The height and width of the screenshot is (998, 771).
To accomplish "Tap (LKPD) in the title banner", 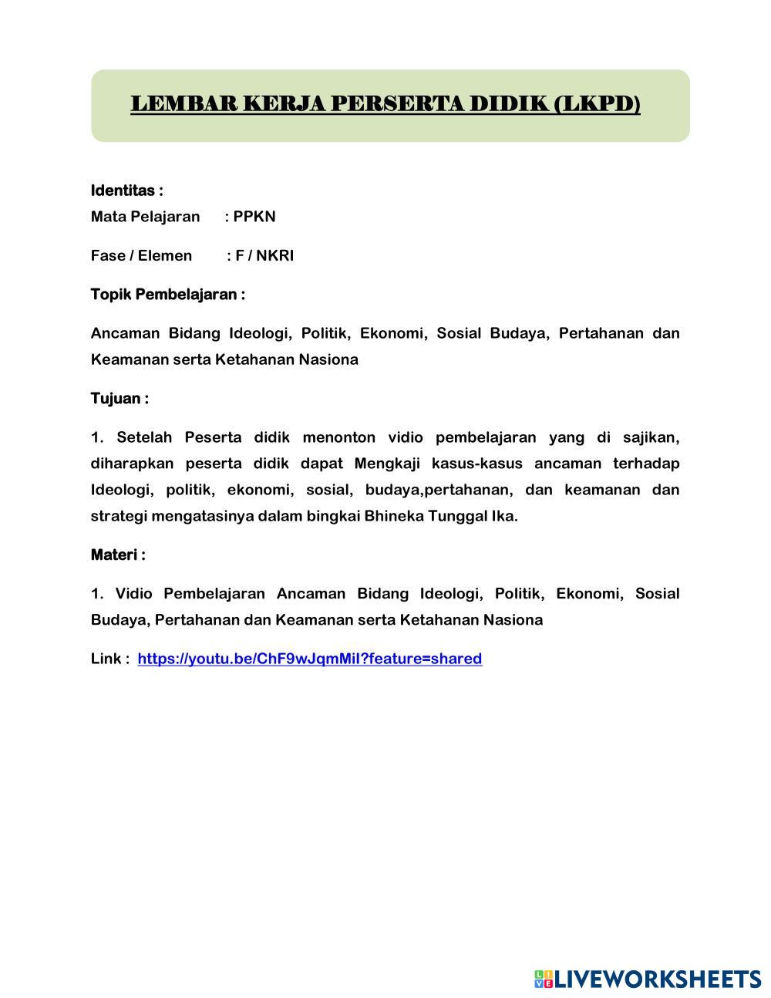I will point(597,103).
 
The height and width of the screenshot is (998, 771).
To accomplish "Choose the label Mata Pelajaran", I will point(145,216).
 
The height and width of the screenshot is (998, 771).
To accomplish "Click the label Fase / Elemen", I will point(141,255).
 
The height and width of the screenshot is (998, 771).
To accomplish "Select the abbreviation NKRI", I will point(275,255).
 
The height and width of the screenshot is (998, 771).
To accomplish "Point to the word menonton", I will point(339,438).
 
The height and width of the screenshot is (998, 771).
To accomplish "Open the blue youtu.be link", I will point(310,659).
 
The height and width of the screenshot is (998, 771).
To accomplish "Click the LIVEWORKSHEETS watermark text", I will point(658,979).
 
